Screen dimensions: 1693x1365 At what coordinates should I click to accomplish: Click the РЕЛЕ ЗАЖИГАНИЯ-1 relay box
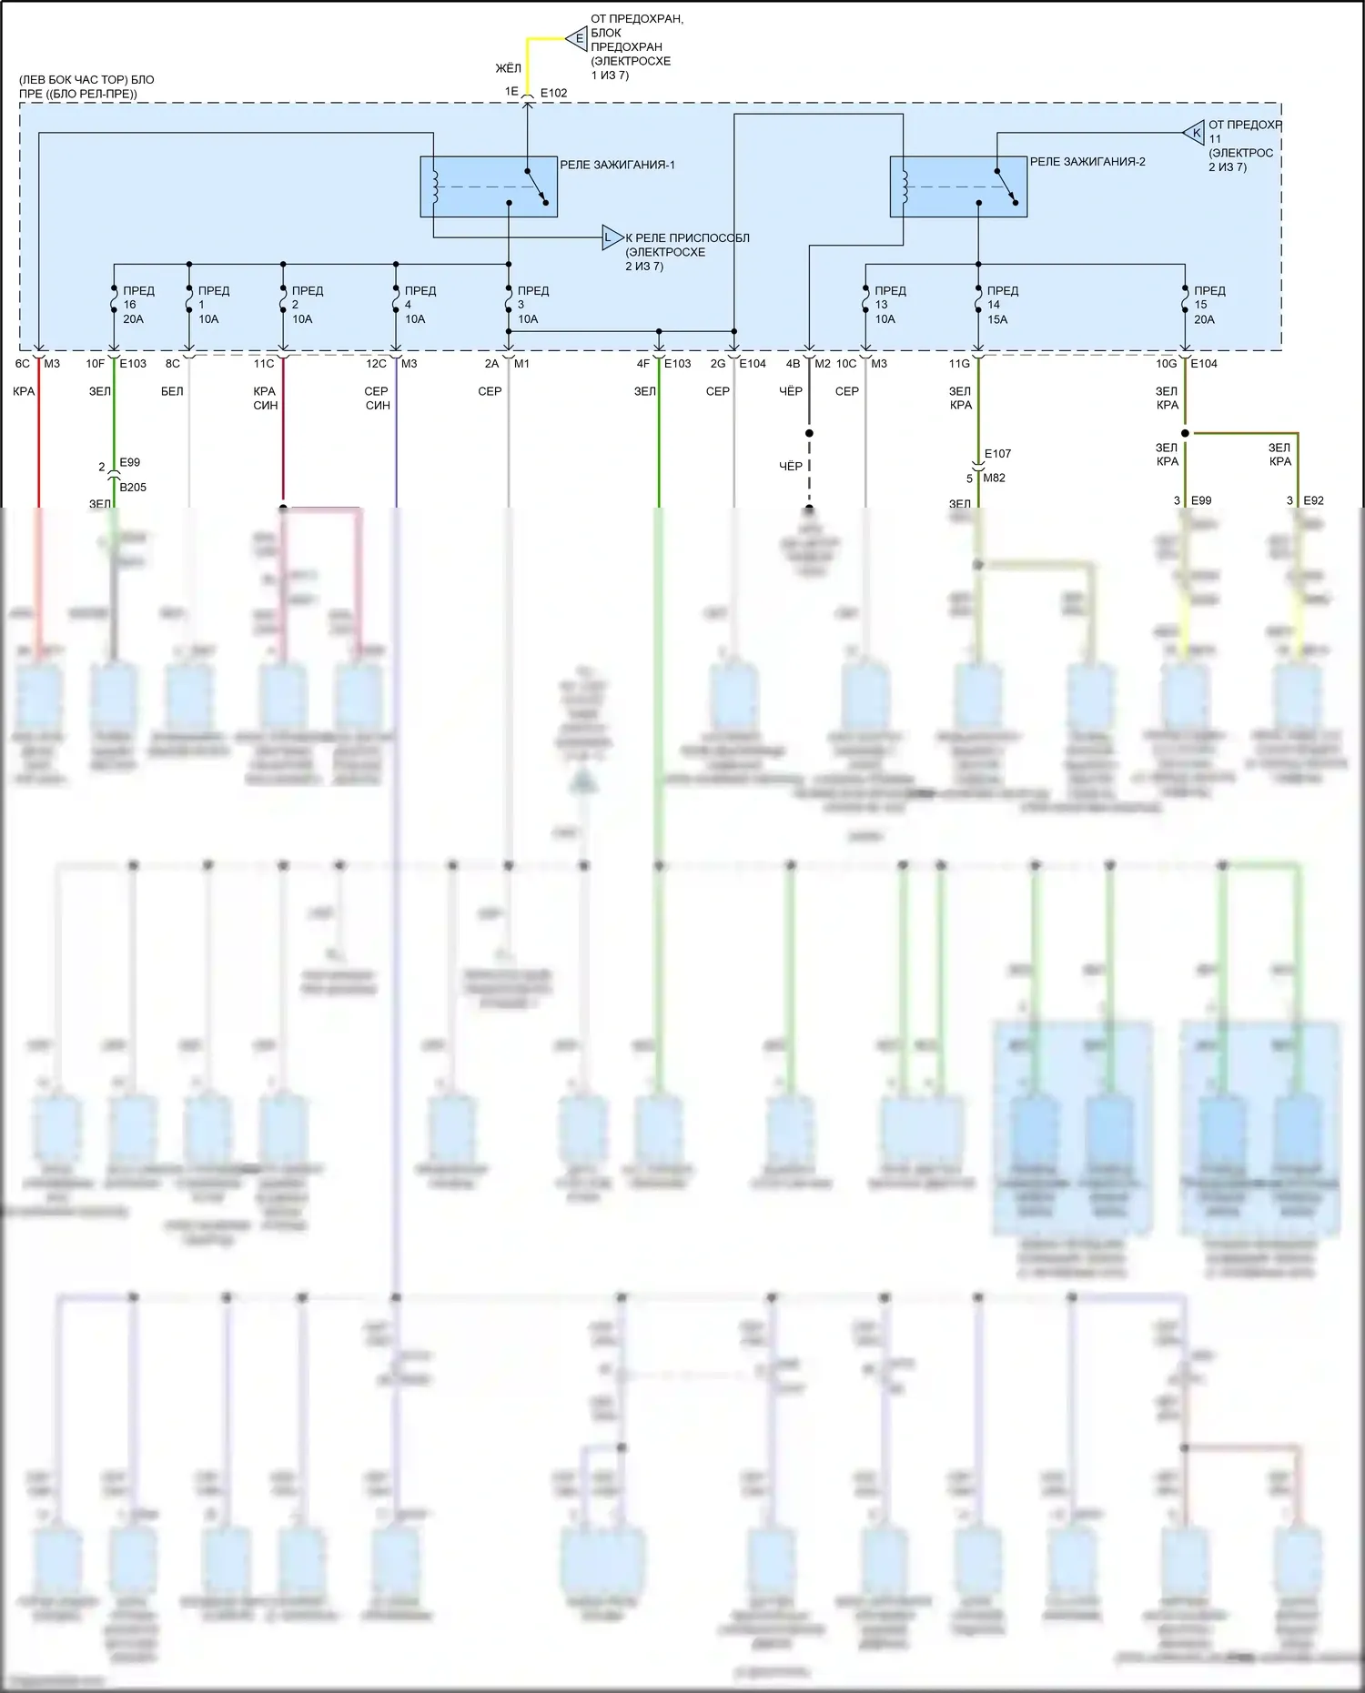[488, 186]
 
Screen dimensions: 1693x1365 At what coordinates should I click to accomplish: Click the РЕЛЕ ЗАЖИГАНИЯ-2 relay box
[957, 186]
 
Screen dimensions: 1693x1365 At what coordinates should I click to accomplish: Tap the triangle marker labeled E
[577, 39]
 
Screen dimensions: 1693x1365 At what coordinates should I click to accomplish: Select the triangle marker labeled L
[611, 238]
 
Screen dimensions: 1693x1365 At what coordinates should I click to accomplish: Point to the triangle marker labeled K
[1194, 133]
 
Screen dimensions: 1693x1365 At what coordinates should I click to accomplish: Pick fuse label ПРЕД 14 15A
[1001, 305]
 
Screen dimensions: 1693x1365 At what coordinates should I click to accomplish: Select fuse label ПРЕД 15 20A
[1208, 305]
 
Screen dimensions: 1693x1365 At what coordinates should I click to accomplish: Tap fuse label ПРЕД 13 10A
[889, 305]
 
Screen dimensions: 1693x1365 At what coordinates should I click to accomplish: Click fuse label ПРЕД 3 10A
[531, 305]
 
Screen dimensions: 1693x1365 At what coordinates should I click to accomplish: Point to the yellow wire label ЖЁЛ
[508, 68]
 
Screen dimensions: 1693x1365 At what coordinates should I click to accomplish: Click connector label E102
[553, 93]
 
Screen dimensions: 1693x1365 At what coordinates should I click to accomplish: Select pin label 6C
[23, 364]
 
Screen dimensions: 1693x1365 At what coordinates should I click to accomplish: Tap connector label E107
[997, 454]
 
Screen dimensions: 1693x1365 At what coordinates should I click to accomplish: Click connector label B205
[133, 488]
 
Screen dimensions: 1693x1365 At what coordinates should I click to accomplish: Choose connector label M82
[994, 479]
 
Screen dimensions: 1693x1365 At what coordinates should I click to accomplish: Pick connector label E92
[1313, 500]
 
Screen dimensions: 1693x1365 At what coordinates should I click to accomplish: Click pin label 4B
[793, 364]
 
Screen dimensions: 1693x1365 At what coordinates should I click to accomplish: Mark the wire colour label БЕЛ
[172, 391]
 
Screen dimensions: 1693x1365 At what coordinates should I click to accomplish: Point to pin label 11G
[959, 364]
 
